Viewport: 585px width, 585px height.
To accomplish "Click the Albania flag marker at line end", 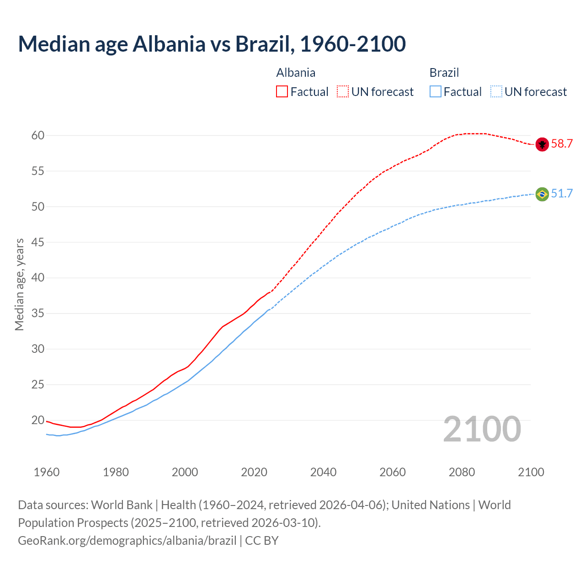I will coord(542,144).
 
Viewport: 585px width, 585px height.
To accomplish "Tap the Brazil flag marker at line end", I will coord(542,194).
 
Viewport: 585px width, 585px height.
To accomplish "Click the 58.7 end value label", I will coord(562,144).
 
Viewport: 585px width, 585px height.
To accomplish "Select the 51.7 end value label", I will coord(562,194).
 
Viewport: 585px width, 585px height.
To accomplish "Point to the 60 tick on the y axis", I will coord(38,136).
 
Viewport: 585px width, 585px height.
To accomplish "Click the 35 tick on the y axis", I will coord(38,314).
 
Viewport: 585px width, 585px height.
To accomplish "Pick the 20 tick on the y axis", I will coord(38,420).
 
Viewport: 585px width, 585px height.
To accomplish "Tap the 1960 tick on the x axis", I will coord(47,472).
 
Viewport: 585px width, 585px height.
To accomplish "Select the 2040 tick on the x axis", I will coord(323,472).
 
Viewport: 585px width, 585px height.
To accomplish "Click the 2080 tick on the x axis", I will coord(462,472).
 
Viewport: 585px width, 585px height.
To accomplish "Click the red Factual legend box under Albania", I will coord(282,92).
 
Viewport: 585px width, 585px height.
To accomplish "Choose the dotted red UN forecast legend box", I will coord(343,92).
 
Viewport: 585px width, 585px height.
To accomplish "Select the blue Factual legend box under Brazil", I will coord(436,92).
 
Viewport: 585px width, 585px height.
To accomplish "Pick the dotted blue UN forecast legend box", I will coord(496,92).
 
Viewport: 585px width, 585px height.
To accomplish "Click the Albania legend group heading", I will coord(296,73).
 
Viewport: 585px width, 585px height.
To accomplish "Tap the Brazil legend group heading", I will coord(444,73).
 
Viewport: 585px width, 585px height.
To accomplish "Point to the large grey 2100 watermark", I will coord(482,429).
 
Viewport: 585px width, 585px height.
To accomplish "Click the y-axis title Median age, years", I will coord(19,284).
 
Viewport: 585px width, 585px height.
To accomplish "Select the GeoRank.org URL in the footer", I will coord(127,541).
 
